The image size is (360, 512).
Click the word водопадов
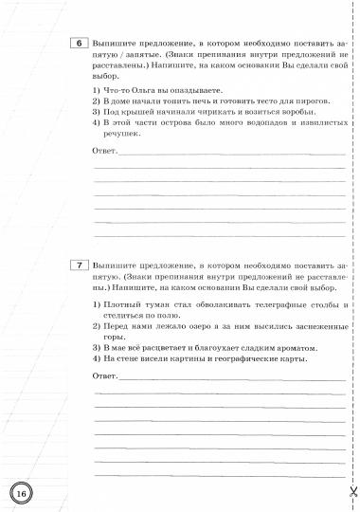(245, 123)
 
